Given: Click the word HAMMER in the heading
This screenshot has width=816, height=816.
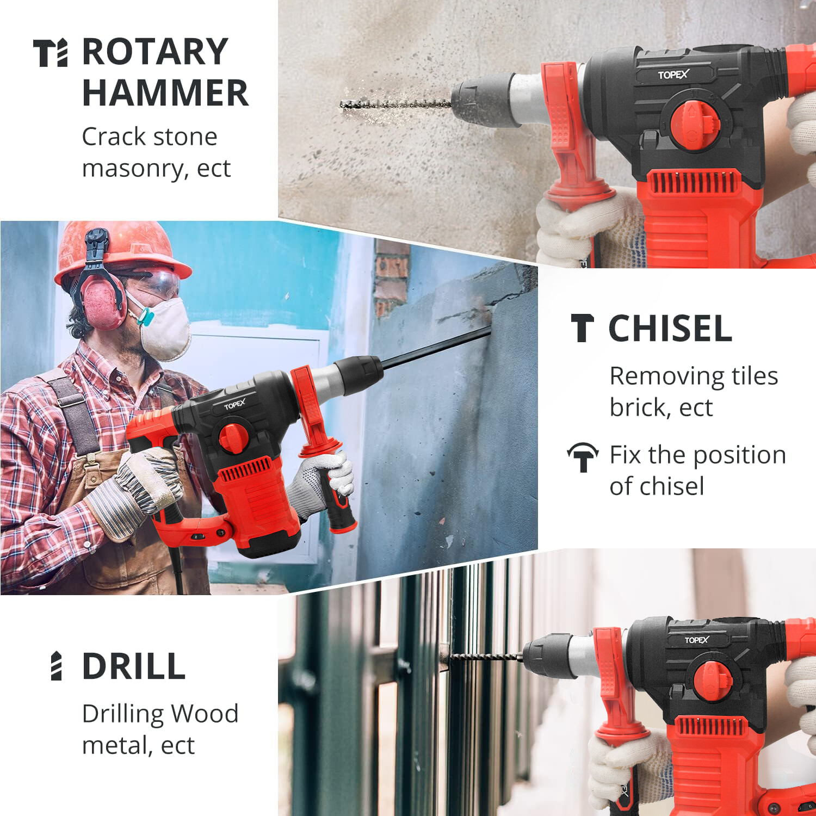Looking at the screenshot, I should pos(165,92).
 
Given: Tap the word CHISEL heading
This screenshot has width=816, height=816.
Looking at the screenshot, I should pos(670,329).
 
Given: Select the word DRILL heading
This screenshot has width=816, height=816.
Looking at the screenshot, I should pos(134,666).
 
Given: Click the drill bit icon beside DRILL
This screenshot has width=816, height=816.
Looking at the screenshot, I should pos(56,666).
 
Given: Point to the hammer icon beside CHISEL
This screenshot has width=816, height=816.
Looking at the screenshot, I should pos(582,329).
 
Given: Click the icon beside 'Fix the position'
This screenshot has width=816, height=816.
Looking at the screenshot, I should pos(583,456).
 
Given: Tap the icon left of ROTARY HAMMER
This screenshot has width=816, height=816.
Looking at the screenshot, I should pos(51,53).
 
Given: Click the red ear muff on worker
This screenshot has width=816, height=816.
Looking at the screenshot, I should pos(103,302).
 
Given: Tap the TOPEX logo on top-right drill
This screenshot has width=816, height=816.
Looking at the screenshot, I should pos(673,75).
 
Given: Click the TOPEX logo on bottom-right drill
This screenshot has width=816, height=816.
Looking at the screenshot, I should pos(696,640).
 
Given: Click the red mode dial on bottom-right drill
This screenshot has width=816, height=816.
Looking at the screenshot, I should pos(712,681).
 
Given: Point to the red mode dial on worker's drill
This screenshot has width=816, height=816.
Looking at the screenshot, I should pos(232,438).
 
